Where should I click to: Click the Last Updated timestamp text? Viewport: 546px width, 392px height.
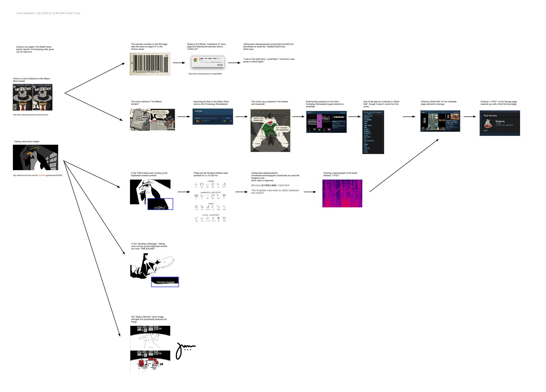(48, 13)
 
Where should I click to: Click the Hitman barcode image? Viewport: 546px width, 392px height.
(150, 64)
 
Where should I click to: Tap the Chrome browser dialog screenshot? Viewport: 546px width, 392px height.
(208, 61)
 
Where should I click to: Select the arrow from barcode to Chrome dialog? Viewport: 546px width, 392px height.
(179, 63)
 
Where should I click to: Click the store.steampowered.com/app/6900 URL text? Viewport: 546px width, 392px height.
(205, 74)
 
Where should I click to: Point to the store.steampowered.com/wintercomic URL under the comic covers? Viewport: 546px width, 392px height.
(31, 115)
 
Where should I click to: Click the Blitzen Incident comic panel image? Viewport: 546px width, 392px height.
(152, 120)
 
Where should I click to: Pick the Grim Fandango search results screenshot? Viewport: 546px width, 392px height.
(213, 117)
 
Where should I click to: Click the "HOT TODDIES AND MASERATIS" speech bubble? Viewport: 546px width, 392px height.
(282, 129)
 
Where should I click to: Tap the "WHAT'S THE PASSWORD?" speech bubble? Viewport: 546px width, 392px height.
(258, 119)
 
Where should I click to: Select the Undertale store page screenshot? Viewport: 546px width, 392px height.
(326, 122)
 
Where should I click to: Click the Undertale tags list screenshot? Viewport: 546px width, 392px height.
(373, 132)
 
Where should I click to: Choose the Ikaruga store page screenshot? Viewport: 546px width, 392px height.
(440, 121)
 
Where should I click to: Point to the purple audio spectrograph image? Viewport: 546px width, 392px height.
(342, 193)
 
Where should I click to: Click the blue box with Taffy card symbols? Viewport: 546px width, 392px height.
(160, 204)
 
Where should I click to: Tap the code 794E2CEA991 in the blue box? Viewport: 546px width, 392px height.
(165, 282)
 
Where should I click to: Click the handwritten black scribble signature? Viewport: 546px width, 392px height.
(185, 350)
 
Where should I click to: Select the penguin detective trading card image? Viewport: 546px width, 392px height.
(35, 157)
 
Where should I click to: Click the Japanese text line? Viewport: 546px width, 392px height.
(270, 185)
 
